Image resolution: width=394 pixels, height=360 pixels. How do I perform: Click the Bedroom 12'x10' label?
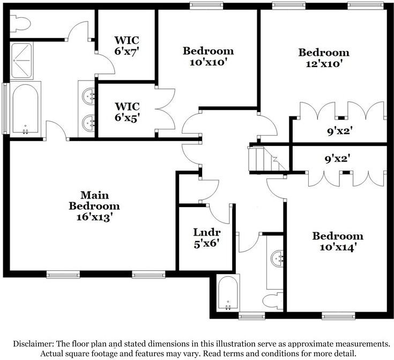[324, 58]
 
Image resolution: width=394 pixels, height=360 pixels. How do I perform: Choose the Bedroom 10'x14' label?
[338, 241]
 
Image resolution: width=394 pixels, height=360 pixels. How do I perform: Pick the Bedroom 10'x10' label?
[209, 56]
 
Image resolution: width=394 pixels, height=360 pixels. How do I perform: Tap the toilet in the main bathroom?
[22, 23]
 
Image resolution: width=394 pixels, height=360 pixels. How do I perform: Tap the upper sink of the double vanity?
[89, 97]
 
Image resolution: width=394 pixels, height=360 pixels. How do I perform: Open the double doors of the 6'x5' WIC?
[166, 109]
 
